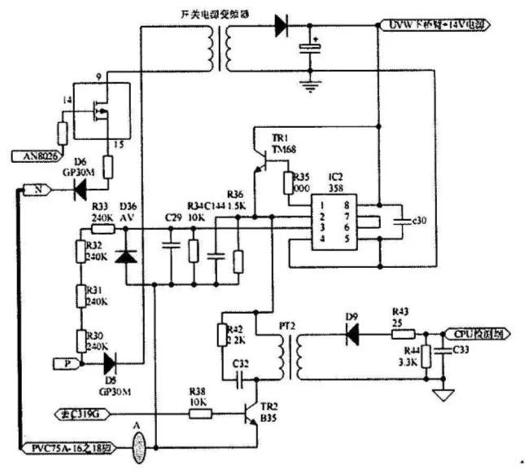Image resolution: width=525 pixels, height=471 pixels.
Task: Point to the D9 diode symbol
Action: click(352, 333)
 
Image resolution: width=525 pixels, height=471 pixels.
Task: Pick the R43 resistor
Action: click(405, 333)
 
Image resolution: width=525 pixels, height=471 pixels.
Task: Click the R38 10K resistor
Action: click(200, 415)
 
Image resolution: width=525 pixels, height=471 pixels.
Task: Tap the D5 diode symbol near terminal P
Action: click(107, 360)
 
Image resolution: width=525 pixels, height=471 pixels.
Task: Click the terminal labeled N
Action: click(41, 191)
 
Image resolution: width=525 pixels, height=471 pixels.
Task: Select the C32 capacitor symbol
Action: click(239, 379)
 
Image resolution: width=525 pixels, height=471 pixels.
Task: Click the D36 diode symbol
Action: click(126, 256)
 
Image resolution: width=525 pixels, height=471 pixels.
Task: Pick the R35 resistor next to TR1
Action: click(287, 184)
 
